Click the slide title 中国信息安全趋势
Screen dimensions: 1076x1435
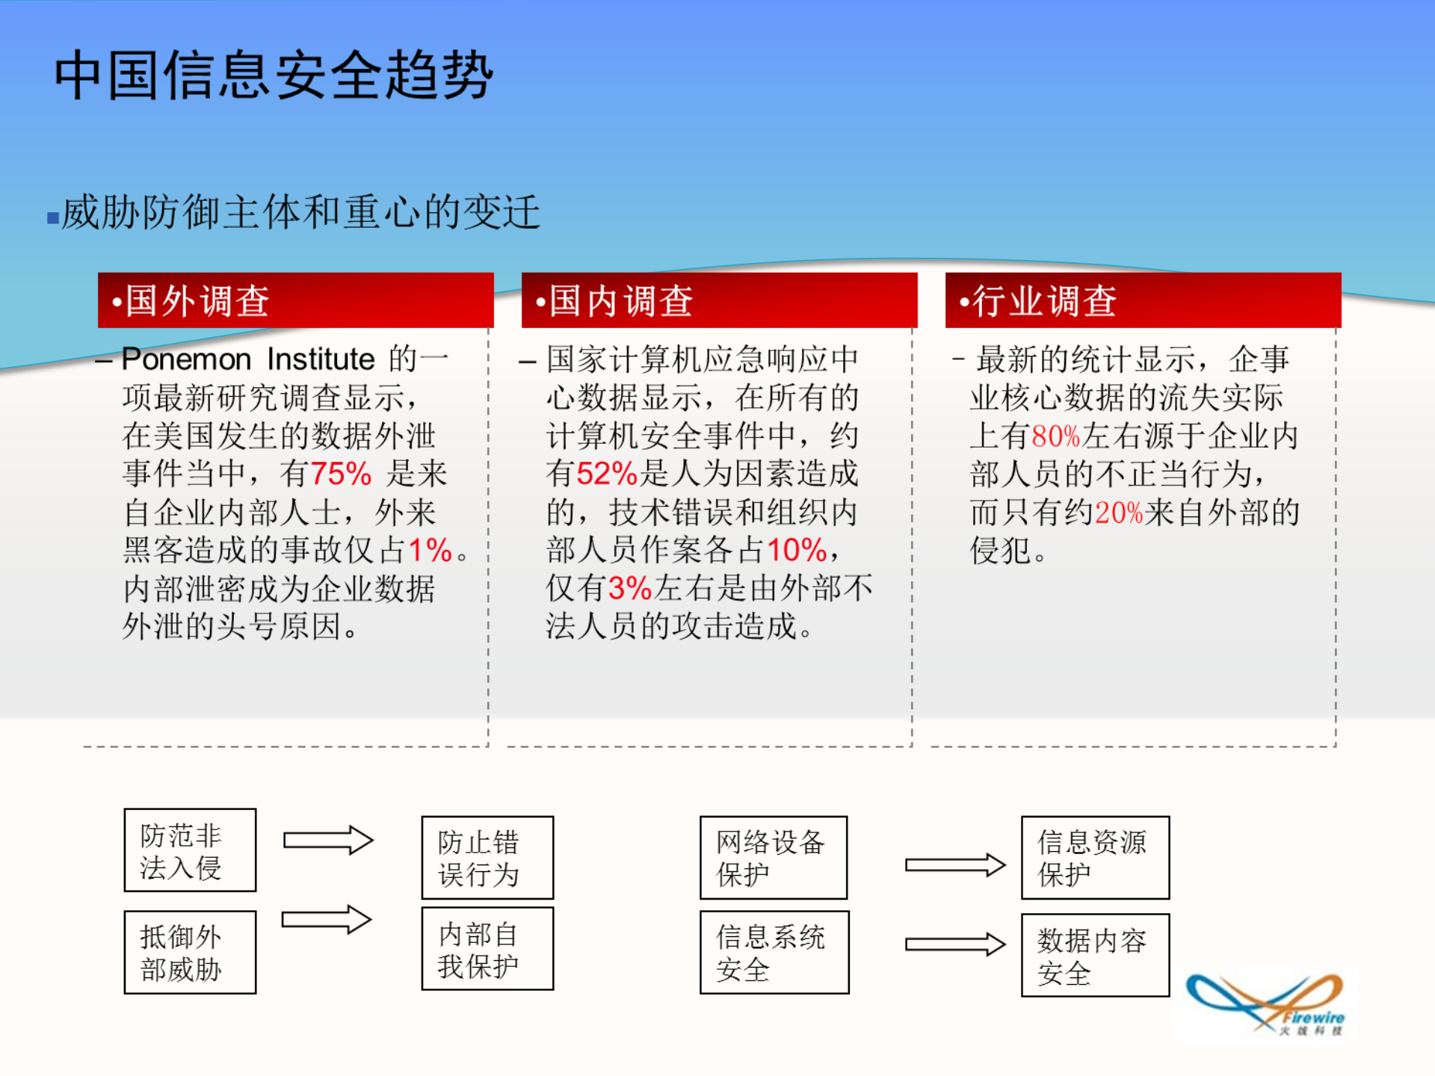[274, 75]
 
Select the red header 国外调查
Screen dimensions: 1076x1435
[295, 300]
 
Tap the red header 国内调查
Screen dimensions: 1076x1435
[719, 300]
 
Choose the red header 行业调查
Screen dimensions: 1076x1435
[1143, 300]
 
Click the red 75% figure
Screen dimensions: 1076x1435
[341, 474]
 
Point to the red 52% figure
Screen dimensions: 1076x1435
[606, 474]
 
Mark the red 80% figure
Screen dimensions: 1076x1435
[1055, 436]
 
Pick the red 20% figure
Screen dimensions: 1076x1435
[1119, 513]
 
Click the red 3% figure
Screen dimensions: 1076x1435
[630, 588]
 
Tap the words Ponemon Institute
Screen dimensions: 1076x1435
[248, 359]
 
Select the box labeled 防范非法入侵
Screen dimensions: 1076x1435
[190, 850]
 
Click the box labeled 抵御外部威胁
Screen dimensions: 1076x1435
[190, 952]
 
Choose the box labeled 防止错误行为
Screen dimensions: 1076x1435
[487, 857]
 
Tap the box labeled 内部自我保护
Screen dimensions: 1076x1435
[487, 949]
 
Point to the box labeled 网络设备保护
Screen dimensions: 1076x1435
[774, 857]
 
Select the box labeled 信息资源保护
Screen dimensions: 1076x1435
[1095, 857]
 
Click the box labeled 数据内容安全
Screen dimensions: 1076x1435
[1095, 955]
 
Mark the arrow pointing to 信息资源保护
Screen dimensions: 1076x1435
[954, 865]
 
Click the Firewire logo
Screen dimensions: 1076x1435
[1269, 1004]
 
